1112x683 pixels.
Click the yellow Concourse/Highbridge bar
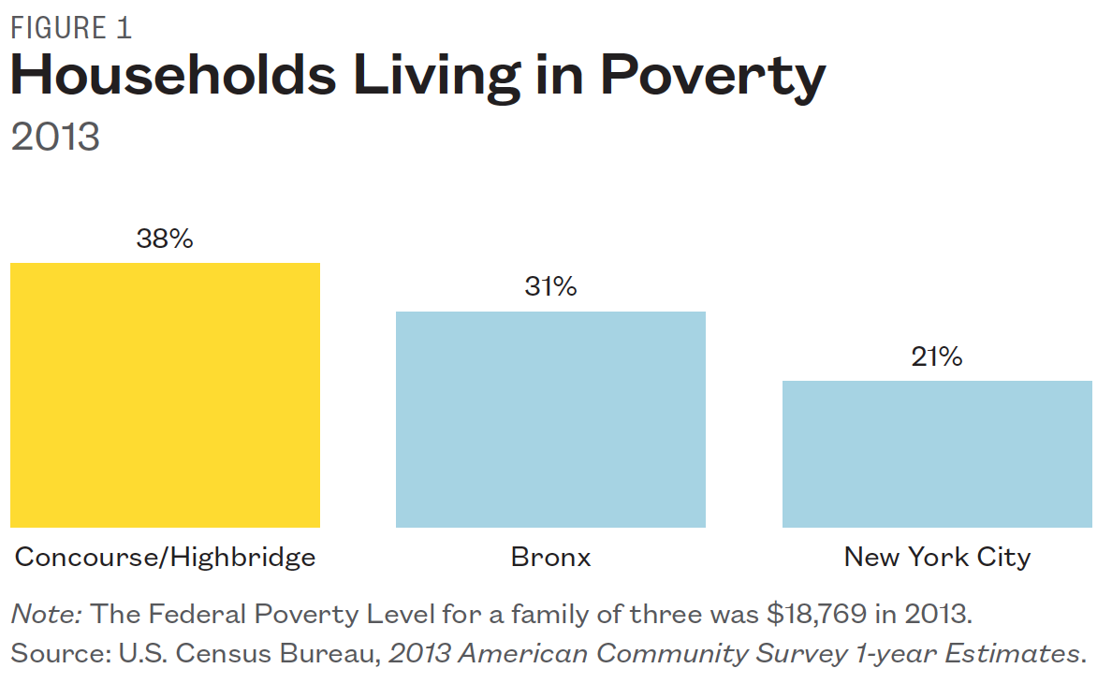point(165,395)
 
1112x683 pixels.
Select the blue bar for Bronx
point(550,419)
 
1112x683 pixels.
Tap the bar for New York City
point(936,454)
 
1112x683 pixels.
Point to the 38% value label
point(165,240)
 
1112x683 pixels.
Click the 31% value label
point(550,287)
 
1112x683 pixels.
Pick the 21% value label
point(936,356)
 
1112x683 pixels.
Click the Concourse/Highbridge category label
point(165,558)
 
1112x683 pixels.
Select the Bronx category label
point(550,558)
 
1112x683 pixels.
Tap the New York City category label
point(936,558)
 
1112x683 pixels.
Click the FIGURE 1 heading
point(71,28)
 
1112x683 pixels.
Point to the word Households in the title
point(173,77)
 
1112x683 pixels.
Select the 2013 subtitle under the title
point(54,137)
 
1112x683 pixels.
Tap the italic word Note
point(47,614)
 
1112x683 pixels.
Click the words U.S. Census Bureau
point(248,652)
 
